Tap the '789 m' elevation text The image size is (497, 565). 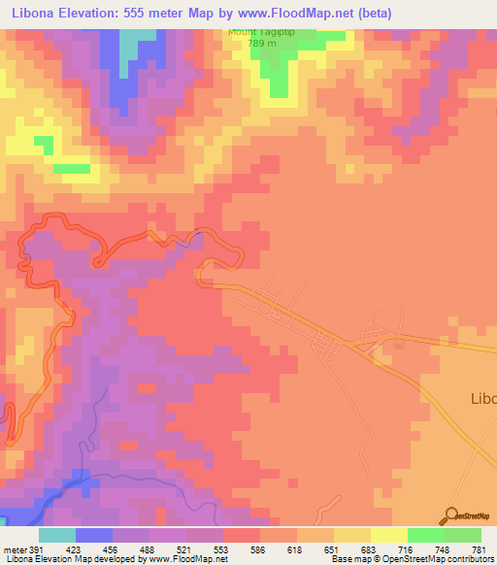point(259,44)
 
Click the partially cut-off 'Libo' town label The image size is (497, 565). point(482,398)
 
